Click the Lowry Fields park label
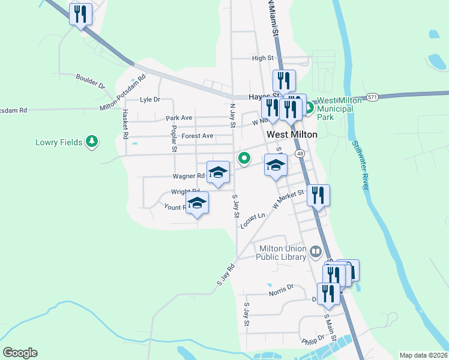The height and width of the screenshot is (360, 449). (58, 142)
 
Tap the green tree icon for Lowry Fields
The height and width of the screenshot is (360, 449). (91, 141)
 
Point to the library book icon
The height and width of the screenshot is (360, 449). (316, 253)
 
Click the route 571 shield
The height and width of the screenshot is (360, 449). (373, 97)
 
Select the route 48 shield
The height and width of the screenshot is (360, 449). (300, 154)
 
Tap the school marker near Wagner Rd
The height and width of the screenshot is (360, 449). (218, 172)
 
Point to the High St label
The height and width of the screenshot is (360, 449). (263, 58)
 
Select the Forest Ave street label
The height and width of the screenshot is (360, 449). (197, 136)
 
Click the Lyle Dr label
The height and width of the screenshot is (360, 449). (150, 100)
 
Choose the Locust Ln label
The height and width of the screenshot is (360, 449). (253, 220)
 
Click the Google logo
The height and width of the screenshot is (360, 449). (20, 353)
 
